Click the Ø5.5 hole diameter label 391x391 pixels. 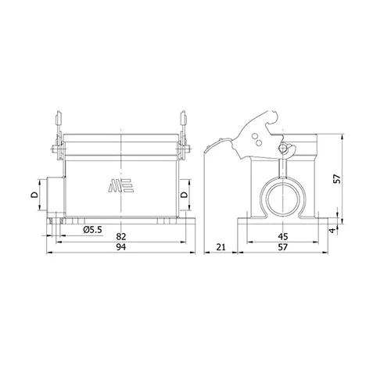pos(93,230)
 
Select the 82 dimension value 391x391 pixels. pos(121,237)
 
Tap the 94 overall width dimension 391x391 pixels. pos(121,247)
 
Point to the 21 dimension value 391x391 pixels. pos(221,247)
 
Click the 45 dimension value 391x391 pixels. pos(283,237)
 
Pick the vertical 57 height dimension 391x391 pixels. pos(337,179)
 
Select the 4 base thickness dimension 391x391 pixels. pos(332,231)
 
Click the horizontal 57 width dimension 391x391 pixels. pos(283,247)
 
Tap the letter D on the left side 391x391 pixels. pos(34,195)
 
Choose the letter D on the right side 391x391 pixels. pos(184,195)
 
